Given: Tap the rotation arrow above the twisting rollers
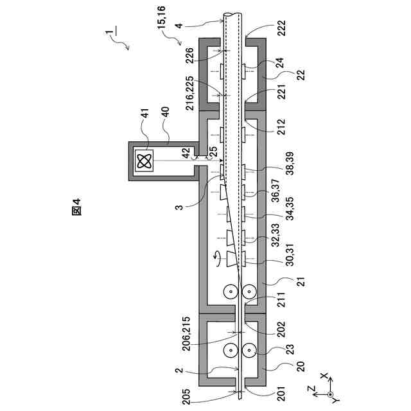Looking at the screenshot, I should tap(216, 258).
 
